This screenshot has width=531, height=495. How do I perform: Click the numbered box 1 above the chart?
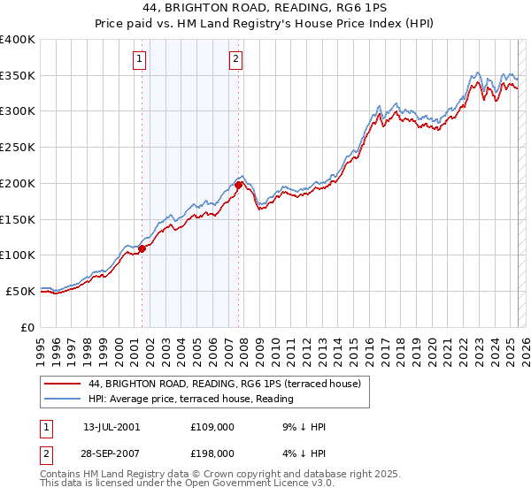click(141, 59)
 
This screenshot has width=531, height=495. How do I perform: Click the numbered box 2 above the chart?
click(236, 59)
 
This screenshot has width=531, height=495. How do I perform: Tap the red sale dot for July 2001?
click(142, 248)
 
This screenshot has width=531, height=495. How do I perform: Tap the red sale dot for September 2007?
click(238, 185)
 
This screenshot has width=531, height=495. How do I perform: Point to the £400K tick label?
click(18, 40)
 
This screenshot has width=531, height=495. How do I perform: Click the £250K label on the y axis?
click(18, 148)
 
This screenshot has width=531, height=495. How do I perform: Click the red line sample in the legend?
click(62, 385)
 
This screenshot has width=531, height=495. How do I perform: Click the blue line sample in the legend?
click(62, 400)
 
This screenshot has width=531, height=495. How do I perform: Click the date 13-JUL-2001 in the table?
click(112, 427)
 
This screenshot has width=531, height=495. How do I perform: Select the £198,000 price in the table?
click(212, 453)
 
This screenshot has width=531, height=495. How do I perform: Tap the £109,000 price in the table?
click(212, 427)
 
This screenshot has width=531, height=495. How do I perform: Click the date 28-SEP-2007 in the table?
click(112, 453)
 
